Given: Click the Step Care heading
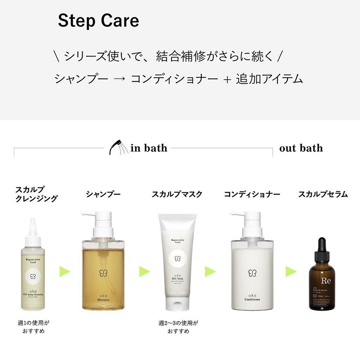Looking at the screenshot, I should click(98, 21).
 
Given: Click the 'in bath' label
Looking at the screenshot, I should click(149, 148).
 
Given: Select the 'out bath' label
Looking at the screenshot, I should click(301, 148).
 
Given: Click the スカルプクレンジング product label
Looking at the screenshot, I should click(36, 194).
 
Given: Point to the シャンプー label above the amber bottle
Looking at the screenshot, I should click(103, 194).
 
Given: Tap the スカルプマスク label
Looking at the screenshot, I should click(177, 194).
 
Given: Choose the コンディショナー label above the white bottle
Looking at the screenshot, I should click(252, 194).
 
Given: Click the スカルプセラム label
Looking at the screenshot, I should click(323, 194).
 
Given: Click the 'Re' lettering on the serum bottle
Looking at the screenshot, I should click(326, 281).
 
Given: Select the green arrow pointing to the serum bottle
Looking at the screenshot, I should click(291, 271).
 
